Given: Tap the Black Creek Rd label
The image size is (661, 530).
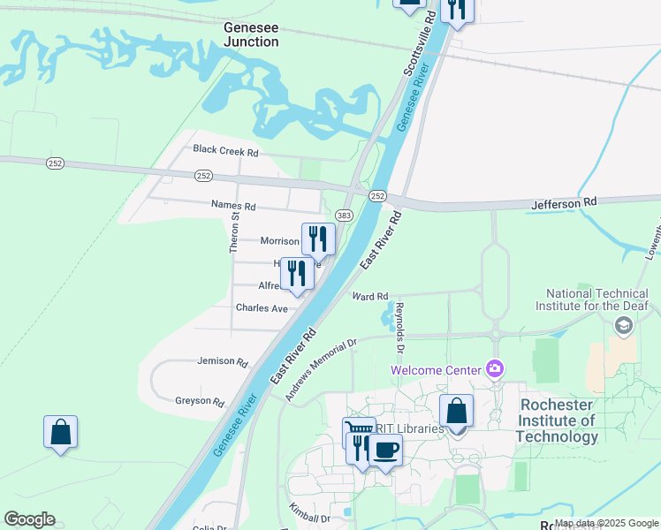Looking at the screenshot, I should point(225,151).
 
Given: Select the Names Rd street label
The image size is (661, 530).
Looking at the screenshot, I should point(233,206).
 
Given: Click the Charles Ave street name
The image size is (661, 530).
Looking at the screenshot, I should point(262,308).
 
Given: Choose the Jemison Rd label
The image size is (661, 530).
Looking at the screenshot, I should point(223,361).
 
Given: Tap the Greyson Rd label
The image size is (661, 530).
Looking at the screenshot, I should point(199,401).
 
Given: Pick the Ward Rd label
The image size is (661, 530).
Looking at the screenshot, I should point(370,297).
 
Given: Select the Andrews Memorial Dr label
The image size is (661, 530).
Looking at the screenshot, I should point(320,370).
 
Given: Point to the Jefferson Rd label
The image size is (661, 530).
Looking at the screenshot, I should point(564,203).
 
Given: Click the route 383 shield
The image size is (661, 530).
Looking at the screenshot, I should point(344,215).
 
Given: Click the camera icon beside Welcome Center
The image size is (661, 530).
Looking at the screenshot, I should point(495,368).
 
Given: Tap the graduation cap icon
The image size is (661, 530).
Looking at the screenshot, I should point(624,327).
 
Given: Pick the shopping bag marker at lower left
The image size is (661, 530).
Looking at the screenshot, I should point(60,432).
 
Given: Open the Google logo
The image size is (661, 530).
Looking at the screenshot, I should point(29,519).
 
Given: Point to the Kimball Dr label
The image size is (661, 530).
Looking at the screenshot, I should point(308,515).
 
